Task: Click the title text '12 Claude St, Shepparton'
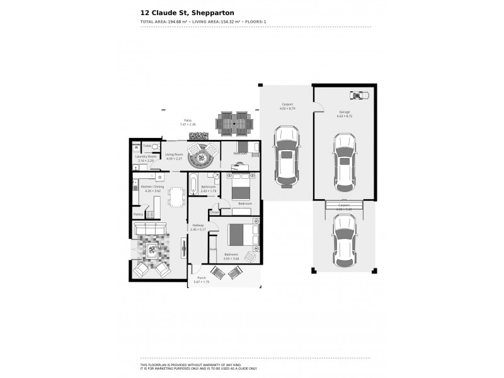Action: [183, 11]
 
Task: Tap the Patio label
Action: [187, 120]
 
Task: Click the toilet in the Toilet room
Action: [155, 146]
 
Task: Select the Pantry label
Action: [137, 214]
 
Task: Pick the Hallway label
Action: [198, 225]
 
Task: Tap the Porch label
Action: [202, 278]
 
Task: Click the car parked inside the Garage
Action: [345, 158]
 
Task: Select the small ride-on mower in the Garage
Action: [358, 95]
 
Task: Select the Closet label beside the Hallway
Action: [215, 212]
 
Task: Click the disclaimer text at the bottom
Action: [198, 367]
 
